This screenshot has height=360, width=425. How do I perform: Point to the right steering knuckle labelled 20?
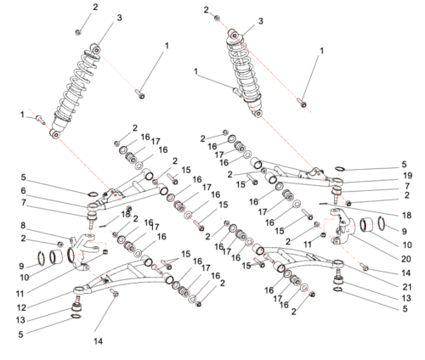(x=347, y=228)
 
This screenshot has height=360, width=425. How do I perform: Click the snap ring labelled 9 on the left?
(x=43, y=256)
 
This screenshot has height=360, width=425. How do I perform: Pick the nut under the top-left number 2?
(x=78, y=31)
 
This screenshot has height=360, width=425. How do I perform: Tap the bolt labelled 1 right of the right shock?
(x=301, y=102)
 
